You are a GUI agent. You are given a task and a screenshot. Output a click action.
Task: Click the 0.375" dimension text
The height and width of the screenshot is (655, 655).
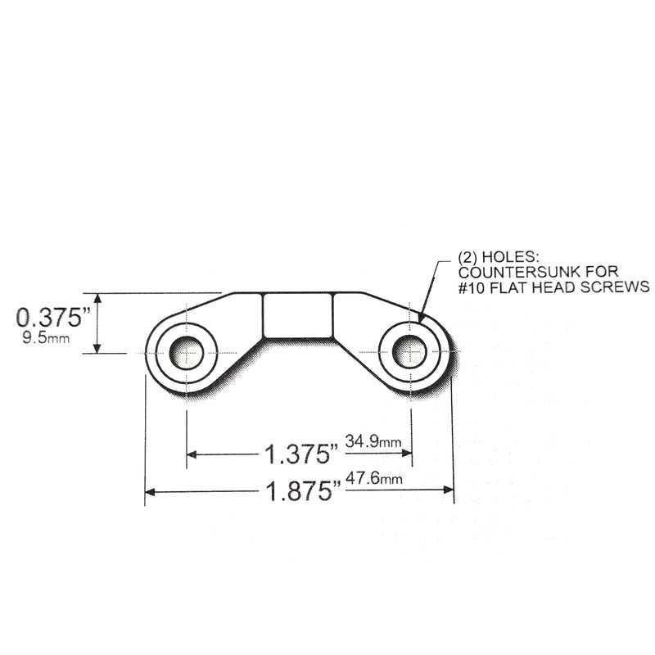[53, 318]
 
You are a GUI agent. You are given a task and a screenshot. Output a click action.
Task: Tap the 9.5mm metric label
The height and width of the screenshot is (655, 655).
[46, 337]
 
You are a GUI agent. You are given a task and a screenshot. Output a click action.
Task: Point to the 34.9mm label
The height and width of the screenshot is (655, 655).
[373, 441]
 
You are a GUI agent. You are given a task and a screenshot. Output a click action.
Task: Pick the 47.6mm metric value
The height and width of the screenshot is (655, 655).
[374, 478]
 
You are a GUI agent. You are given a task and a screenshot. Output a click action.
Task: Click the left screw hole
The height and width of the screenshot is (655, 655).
[187, 353]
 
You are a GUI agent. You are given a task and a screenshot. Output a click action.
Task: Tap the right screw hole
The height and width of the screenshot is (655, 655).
[410, 352]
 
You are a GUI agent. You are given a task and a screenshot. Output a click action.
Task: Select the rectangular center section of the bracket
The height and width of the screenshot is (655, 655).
[298, 315]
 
